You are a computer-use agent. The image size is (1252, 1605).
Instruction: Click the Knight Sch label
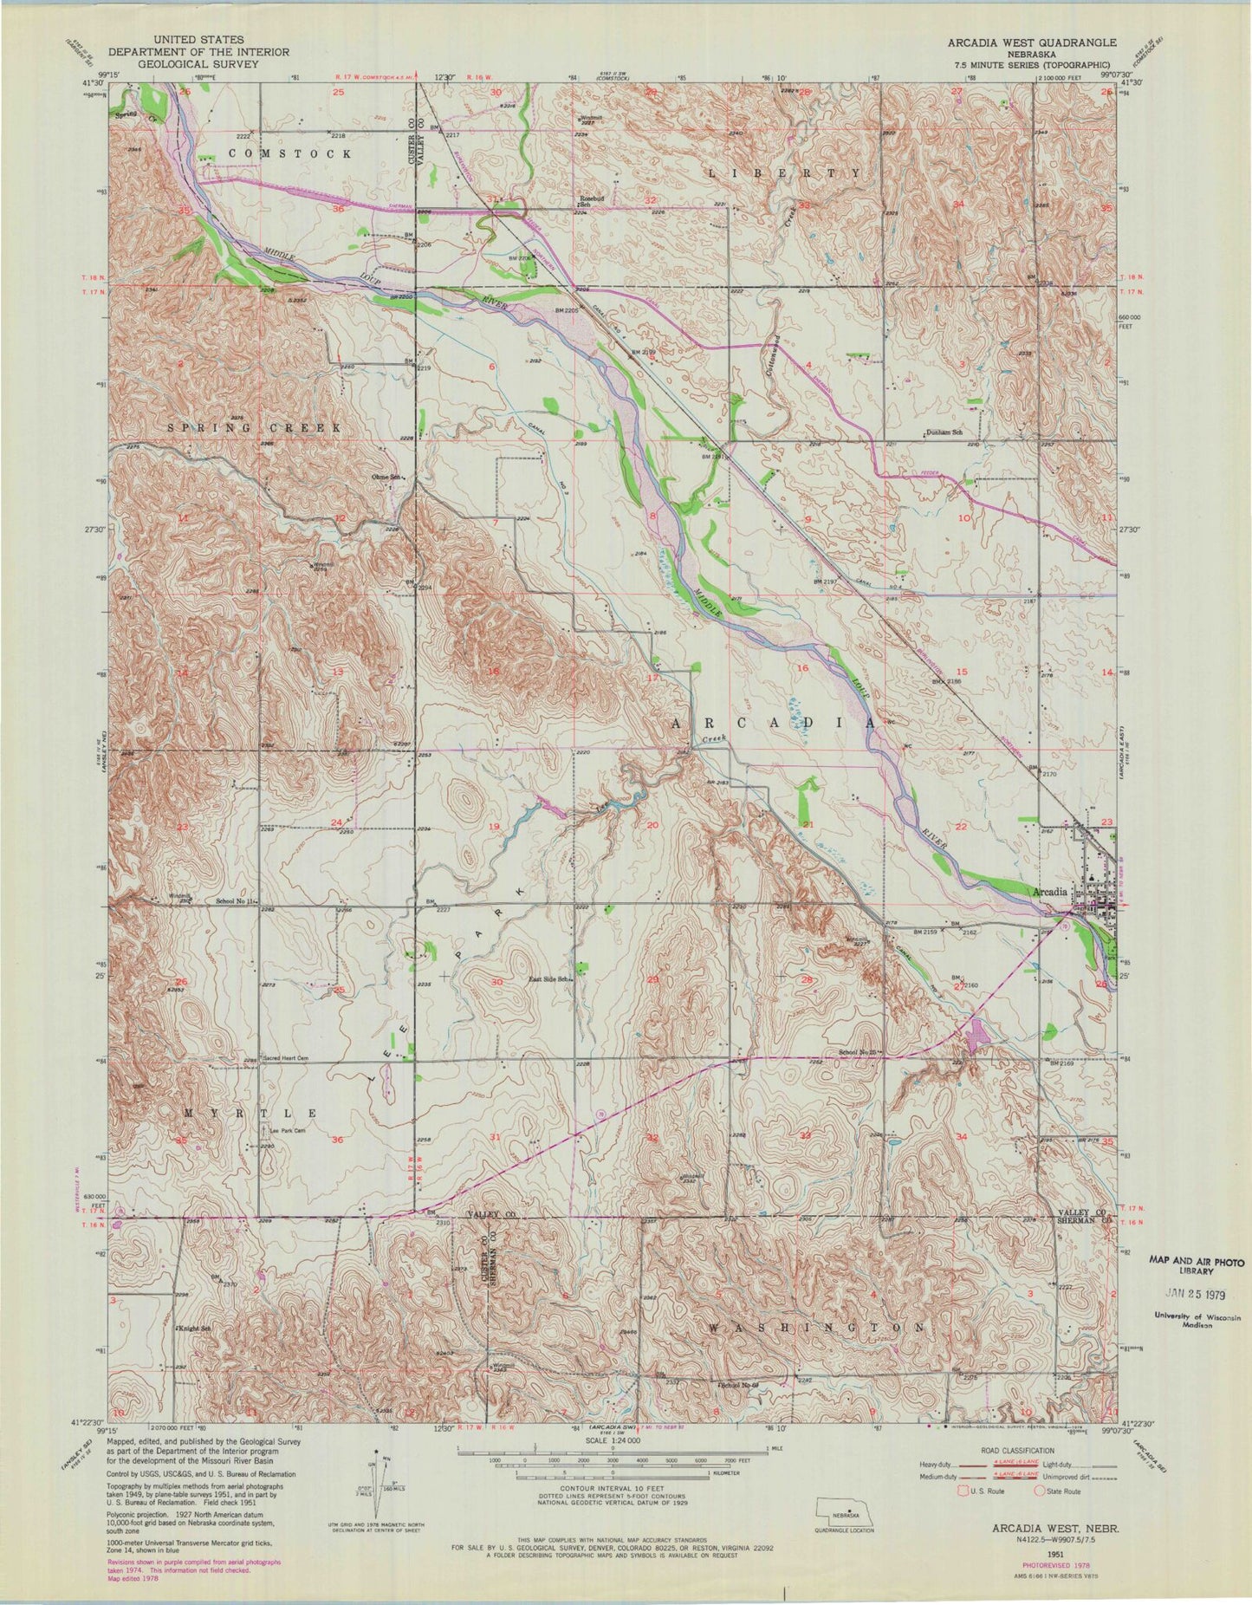click(195, 1328)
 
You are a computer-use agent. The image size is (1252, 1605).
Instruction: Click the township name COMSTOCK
click(289, 153)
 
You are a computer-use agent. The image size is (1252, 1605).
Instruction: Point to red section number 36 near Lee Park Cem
click(337, 1140)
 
